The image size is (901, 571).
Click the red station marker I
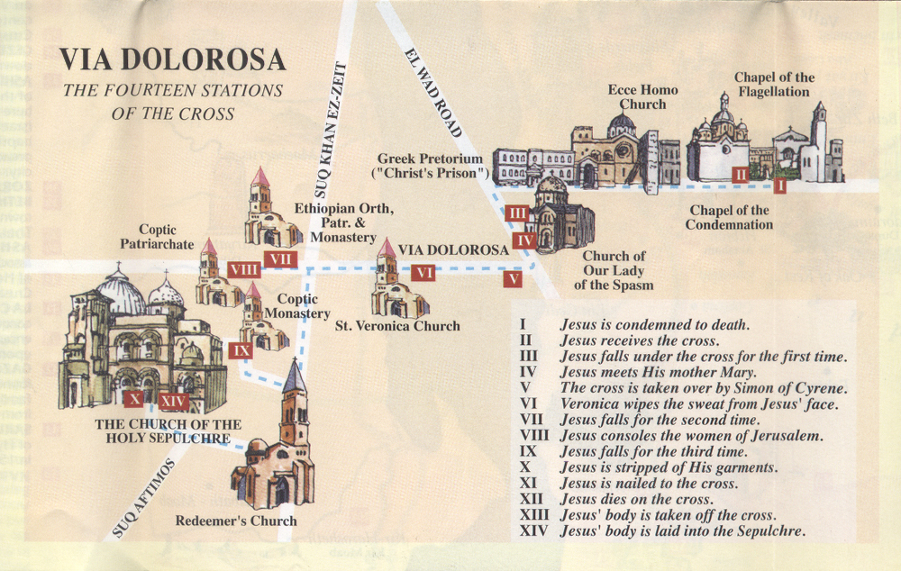tap(779, 186)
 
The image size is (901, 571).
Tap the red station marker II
tap(741, 173)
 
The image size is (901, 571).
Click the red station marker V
tap(513, 279)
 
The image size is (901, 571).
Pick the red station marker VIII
tap(243, 269)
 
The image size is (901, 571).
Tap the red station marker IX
tap(241, 349)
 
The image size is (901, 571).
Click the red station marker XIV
tap(174, 402)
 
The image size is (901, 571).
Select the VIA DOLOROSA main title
tap(173, 60)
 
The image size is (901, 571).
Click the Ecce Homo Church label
tap(642, 97)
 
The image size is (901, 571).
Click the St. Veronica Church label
tap(397, 326)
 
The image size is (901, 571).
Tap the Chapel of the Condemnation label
tap(729, 217)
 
